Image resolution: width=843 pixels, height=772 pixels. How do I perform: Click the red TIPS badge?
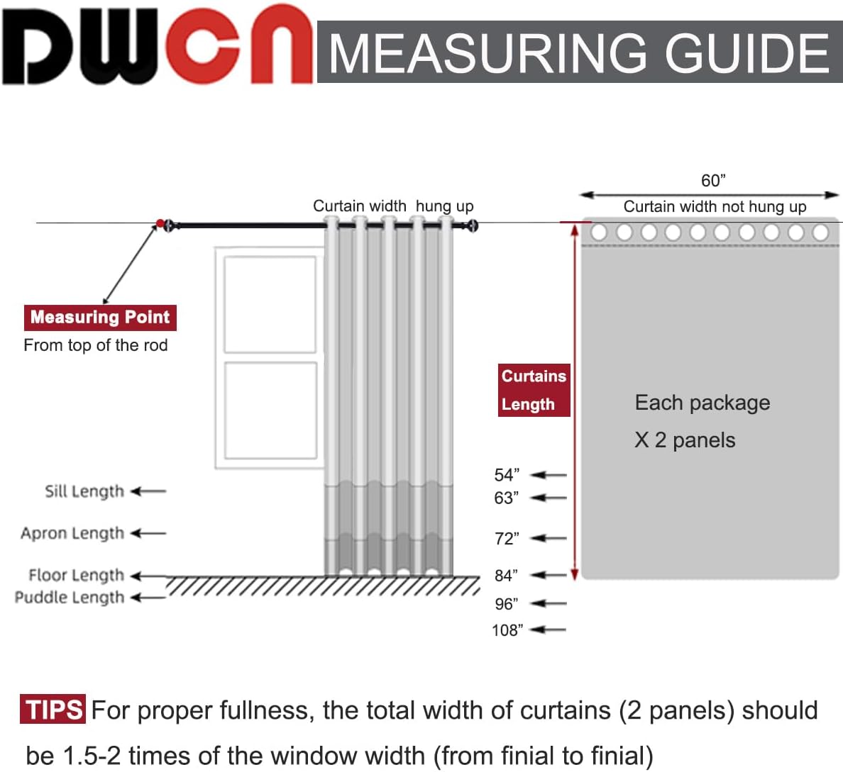point(53,710)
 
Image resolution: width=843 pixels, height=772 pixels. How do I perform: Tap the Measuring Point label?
point(100,317)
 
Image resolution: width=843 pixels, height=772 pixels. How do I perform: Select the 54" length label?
point(507,475)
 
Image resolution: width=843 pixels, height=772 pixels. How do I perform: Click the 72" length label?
point(507,539)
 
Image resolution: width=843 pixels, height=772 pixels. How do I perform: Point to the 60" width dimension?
point(713,181)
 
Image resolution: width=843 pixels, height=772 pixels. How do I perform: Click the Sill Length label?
point(84,491)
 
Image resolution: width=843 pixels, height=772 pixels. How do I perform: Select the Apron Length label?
point(72,533)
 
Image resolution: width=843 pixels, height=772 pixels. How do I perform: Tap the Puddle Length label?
point(70,598)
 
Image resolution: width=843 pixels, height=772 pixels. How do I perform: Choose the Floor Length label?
point(76,575)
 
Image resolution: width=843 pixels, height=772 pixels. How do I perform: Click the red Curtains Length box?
point(534,390)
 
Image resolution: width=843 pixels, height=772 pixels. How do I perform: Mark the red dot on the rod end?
point(160,224)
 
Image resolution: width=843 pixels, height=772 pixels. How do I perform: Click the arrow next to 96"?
point(549,604)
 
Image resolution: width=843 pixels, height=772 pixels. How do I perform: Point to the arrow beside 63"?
point(549,498)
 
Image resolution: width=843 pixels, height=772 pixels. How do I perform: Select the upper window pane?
point(270,303)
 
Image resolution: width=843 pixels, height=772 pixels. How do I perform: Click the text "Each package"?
point(702,403)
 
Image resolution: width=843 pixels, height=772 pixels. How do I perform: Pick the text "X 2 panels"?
point(685,440)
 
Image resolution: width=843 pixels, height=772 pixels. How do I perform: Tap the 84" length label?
point(507,575)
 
